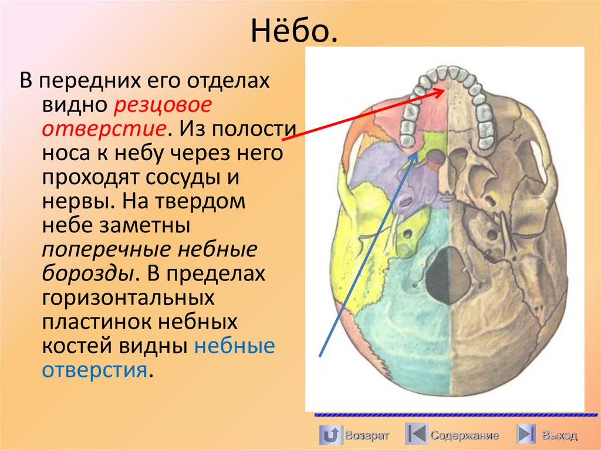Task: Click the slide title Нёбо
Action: point(295,33)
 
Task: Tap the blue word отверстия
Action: point(93,371)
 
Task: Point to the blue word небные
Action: point(234,346)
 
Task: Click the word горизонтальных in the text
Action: point(127,298)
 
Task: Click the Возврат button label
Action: point(367,435)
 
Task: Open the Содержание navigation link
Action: point(464,435)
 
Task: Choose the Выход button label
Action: point(559,435)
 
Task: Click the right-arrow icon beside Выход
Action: point(526,435)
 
